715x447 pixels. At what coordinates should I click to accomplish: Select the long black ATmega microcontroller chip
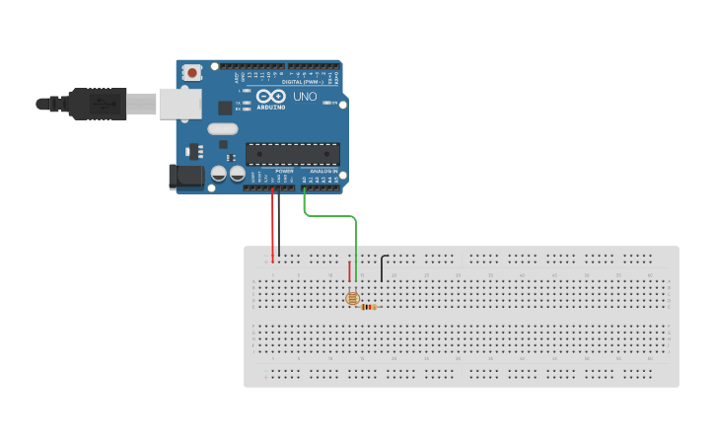(293, 153)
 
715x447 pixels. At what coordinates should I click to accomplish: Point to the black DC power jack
(185, 177)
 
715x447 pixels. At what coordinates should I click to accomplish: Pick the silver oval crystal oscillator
(223, 128)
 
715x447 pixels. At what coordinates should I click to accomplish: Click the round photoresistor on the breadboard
(351, 298)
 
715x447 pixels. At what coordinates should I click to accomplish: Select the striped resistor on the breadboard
(369, 307)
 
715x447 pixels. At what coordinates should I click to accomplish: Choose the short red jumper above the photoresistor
(349, 270)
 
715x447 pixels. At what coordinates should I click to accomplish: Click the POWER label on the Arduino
(284, 171)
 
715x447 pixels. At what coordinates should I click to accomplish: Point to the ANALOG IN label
(322, 171)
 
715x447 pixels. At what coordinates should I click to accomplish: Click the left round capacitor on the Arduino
(220, 174)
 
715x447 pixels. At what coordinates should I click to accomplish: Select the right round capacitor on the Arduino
(237, 174)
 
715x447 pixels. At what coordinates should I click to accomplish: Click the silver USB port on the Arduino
(180, 104)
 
